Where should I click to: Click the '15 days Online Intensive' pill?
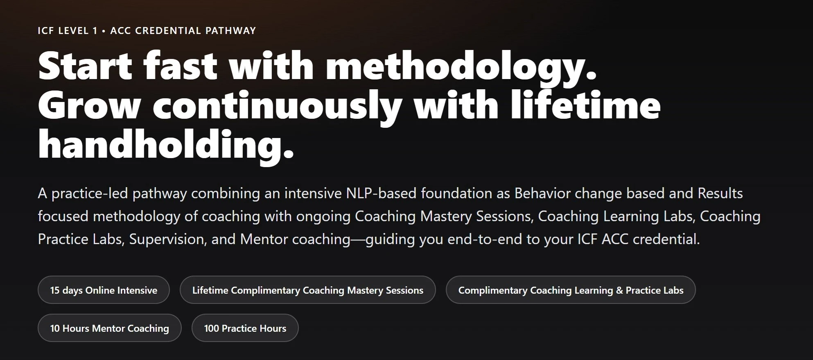pyautogui.click(x=104, y=290)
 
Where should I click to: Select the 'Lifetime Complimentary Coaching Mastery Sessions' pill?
pyautogui.click(x=308, y=290)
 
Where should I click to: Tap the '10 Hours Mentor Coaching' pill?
pyautogui.click(x=109, y=328)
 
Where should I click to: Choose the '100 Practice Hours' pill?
pyautogui.click(x=245, y=328)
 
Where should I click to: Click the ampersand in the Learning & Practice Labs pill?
pyautogui.click(x=619, y=290)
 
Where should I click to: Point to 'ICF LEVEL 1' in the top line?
pyautogui.click(x=68, y=31)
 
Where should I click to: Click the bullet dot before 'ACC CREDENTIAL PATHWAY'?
pyautogui.click(x=104, y=31)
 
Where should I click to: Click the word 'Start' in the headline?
pyautogui.click(x=85, y=66)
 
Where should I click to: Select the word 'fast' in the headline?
pyautogui.click(x=180, y=66)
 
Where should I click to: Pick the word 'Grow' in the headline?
pyautogui.click(x=89, y=105)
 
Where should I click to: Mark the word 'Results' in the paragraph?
pyautogui.click(x=720, y=193)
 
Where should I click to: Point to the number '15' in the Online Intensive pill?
pyautogui.click(x=55, y=290)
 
